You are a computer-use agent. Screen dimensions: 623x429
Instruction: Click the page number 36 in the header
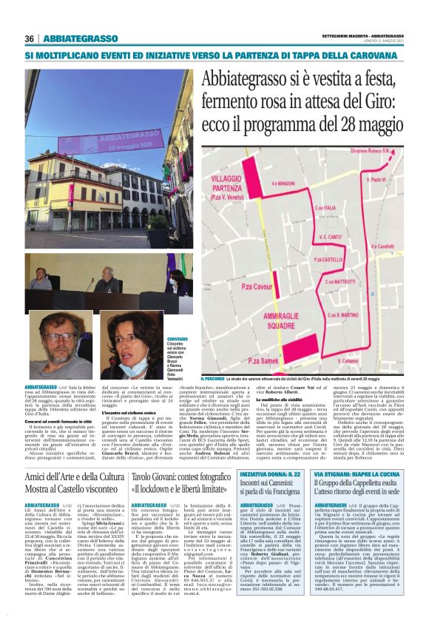point(30,39)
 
